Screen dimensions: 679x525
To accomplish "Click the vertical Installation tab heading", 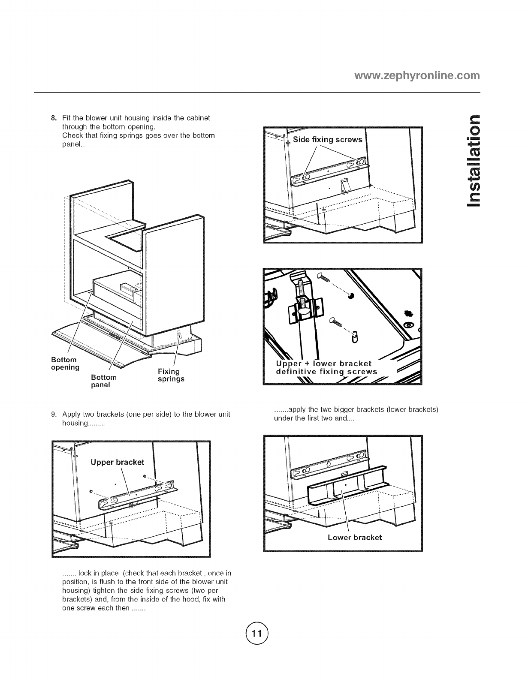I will [x=472, y=160].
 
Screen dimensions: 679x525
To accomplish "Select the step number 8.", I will [x=54, y=118].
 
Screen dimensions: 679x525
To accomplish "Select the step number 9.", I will [x=54, y=415].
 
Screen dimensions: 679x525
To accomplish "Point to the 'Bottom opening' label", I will [x=65, y=364].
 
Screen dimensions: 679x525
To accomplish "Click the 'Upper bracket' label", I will [x=117, y=462].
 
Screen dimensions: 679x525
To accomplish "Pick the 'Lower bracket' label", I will [x=354, y=538].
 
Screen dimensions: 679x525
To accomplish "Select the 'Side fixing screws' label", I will [x=328, y=140].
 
